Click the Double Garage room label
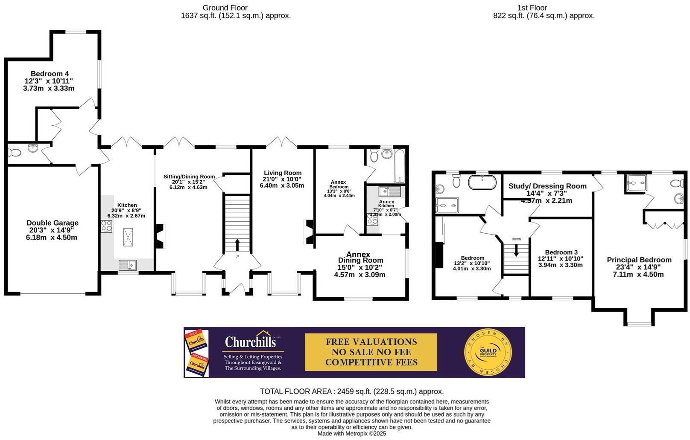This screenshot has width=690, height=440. (x=52, y=223)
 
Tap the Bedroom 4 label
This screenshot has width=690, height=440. (x=50, y=74)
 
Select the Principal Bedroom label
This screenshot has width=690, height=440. (x=639, y=260)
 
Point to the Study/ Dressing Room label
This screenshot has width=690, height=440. (x=547, y=186)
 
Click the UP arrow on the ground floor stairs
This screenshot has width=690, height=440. (x=237, y=246)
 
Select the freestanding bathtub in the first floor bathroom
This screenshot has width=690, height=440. (x=482, y=182)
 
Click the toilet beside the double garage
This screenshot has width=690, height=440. (x=14, y=152)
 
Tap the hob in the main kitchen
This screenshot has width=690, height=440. (x=107, y=226)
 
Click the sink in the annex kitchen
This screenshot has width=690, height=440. (x=389, y=191)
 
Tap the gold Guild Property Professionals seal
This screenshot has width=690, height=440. (x=488, y=353)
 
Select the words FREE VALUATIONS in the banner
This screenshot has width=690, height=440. (x=371, y=342)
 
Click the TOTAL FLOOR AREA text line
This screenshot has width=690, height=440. (x=351, y=391)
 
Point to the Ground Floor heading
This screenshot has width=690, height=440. (x=225, y=8)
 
